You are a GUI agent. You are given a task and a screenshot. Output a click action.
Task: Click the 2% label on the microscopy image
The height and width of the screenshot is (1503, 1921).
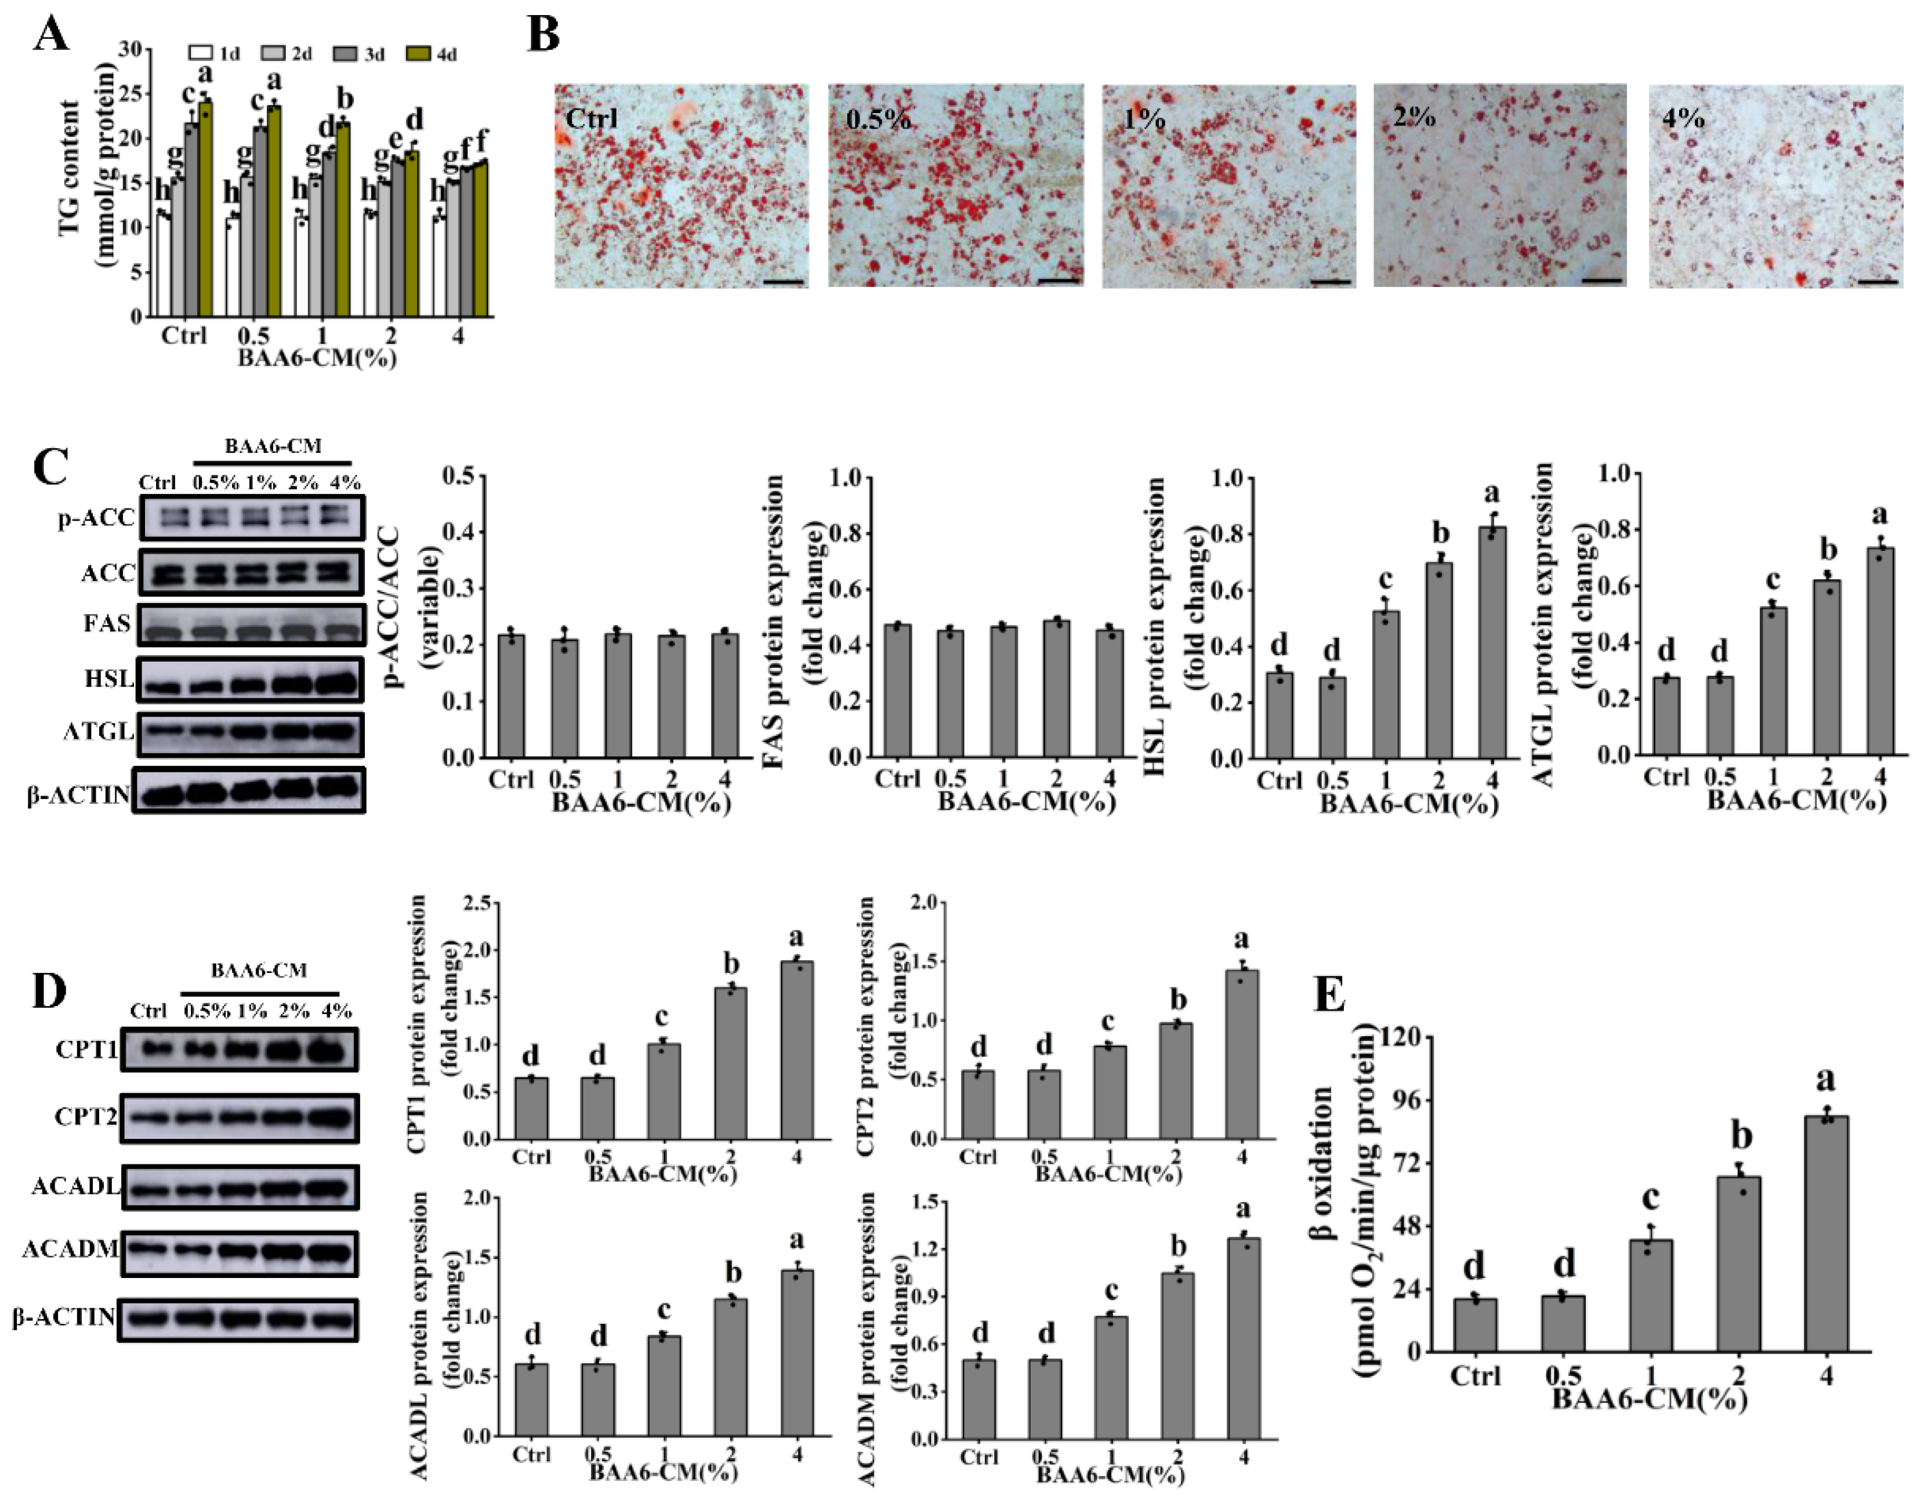click(1414, 115)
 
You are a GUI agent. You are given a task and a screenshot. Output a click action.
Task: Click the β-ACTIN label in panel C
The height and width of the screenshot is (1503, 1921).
click(78, 796)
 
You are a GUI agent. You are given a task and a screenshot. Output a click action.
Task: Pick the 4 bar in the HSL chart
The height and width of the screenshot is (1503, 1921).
click(1492, 642)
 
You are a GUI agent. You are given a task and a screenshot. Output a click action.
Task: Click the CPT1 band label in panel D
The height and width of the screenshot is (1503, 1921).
click(85, 1049)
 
